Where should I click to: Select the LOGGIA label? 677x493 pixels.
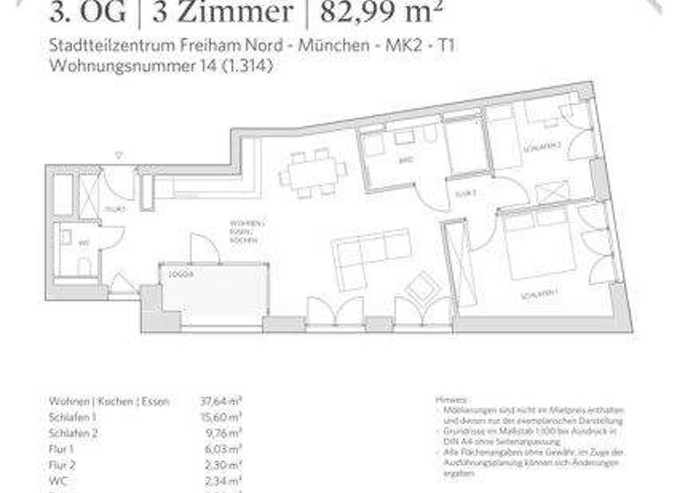pos(181,274)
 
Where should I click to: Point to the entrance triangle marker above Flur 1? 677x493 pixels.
pos(119,156)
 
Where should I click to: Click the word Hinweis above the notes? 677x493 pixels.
pos(450,400)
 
